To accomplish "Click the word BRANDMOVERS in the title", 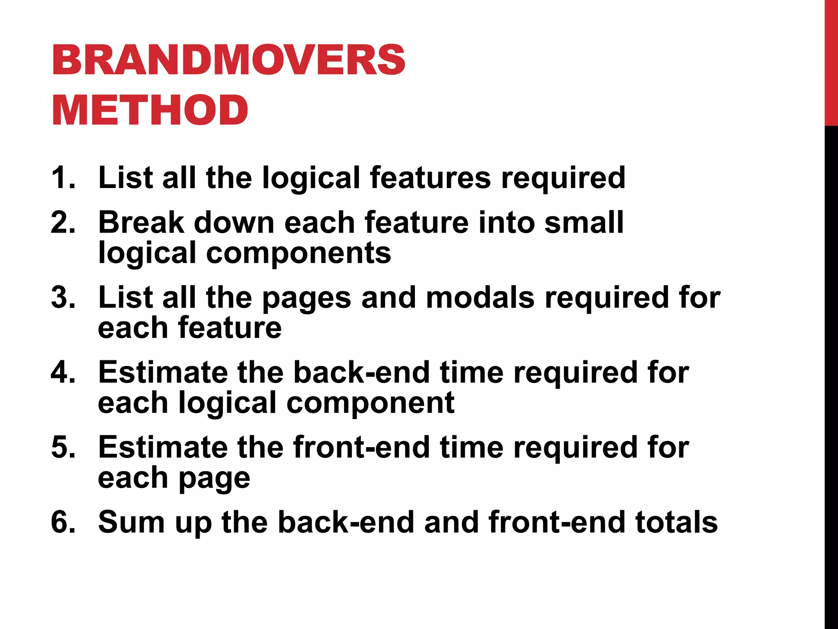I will pyautogui.click(x=228, y=60).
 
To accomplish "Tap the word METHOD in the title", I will pyautogui.click(x=150, y=110).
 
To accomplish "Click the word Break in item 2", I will pyautogui.click(x=141, y=222).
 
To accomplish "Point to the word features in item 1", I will pyautogui.click(x=430, y=178).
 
